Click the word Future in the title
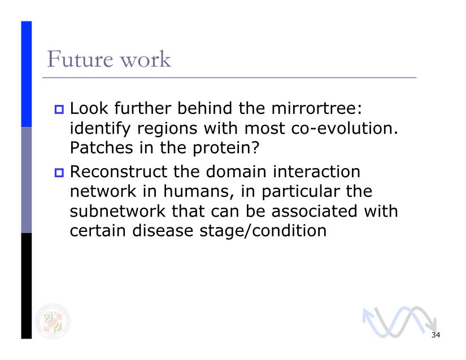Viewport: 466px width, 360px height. point(80,59)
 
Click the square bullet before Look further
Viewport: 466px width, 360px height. point(59,109)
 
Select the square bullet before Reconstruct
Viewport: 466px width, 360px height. point(59,173)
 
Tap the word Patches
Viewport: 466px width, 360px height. point(101,147)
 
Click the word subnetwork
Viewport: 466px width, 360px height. point(117,211)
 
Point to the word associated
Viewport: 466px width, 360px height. point(314,211)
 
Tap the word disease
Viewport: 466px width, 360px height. point(163,231)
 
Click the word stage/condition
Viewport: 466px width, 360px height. point(263,231)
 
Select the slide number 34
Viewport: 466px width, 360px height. point(435,335)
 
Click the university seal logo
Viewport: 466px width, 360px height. point(53,322)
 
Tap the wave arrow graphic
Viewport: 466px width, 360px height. point(399,322)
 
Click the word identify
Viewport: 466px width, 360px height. point(100,129)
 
